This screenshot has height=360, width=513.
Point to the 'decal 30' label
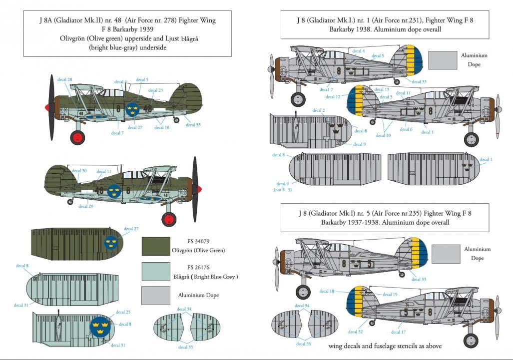point(79,171)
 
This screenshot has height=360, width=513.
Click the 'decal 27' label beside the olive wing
point(131,229)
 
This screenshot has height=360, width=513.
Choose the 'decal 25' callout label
point(123,312)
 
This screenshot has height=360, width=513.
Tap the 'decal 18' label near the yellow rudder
point(325,291)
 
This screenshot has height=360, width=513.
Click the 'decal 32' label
point(355,332)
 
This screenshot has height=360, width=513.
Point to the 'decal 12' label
point(333,97)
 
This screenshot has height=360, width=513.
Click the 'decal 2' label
point(319,110)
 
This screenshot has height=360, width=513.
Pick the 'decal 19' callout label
point(390,295)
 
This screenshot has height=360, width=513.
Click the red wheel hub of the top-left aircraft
point(77,137)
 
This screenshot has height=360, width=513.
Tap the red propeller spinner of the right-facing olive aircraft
point(200,189)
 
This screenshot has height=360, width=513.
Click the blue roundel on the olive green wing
point(112,243)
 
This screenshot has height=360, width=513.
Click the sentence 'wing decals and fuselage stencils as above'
point(385,346)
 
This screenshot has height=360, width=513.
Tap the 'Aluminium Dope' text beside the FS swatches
point(198,296)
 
